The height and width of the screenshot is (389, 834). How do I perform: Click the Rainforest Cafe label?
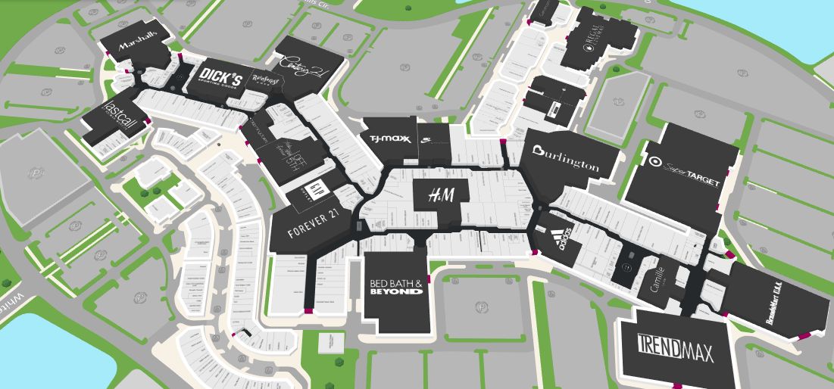click(262, 79)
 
